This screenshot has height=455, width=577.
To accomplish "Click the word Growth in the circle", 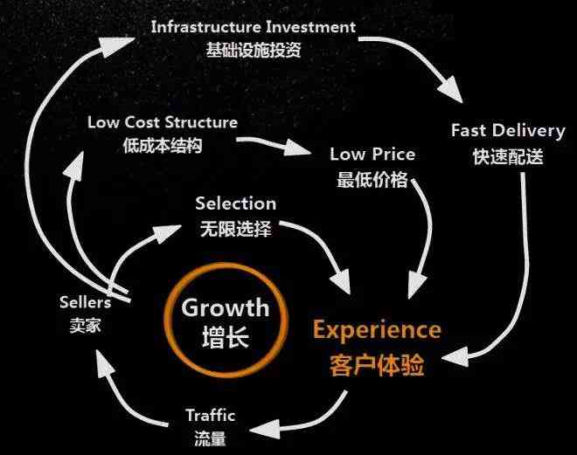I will (225, 307).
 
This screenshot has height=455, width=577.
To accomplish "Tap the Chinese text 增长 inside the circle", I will (225, 337).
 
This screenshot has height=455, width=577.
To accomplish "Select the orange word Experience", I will (377, 329).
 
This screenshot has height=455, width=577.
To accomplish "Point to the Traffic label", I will (211, 416).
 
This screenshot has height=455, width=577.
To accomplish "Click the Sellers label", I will (85, 303).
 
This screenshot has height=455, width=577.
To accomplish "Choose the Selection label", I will (235, 203).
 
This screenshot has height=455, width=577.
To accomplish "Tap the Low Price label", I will (372, 155).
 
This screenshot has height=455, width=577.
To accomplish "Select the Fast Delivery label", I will (508, 131).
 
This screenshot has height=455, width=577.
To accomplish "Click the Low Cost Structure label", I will (163, 122).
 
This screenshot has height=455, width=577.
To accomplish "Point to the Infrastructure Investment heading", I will (254, 26).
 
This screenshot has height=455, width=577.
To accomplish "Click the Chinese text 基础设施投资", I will (254, 50).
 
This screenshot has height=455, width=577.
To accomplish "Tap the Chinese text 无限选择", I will (235, 230).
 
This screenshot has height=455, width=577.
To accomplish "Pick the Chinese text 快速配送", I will (508, 157).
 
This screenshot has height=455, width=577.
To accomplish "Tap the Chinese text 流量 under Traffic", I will (211, 438).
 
